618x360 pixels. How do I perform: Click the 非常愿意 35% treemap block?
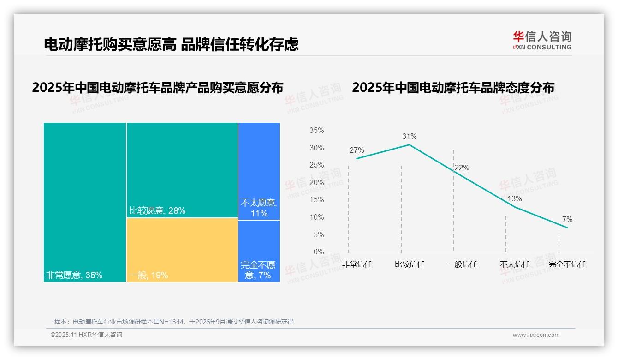coord(85,202)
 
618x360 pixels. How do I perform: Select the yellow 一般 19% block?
coord(182,250)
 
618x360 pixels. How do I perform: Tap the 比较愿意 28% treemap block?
coord(182,170)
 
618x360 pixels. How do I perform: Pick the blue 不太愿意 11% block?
coord(259,171)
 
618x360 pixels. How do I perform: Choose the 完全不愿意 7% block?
coord(259,251)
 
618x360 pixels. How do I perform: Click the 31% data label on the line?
coord(409,136)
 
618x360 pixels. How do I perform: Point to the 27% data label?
coord(357,150)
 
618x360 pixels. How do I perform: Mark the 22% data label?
coord(462,168)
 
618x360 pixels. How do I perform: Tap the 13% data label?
coord(514,199)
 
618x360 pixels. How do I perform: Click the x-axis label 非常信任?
coord(357,264)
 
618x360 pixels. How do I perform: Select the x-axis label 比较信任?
coord(409,264)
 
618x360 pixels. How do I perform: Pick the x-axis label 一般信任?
coord(462,264)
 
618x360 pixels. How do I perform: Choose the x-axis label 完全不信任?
coord(567,264)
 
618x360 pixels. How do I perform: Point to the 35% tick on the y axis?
coord(316,131)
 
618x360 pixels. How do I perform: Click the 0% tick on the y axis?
coord(318,252)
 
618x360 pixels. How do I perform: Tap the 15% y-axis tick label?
coord(316,200)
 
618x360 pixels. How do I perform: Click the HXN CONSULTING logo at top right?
coord(542,41)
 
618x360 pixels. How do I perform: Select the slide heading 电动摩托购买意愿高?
coord(110,44)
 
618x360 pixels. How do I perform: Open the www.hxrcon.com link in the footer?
coord(536,335)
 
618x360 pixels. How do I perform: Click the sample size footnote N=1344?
coord(174,322)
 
